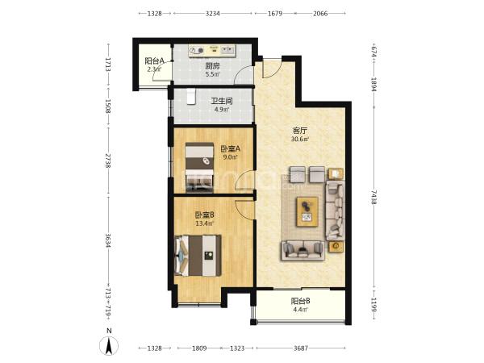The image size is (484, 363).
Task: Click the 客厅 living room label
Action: point(300,130)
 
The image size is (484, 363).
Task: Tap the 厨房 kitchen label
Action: point(212,66)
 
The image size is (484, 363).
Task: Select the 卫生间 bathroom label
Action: point(221,101)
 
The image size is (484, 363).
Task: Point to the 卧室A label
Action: point(230,149)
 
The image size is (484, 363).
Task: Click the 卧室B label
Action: point(204,215)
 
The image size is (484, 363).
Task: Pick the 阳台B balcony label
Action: point(300,301)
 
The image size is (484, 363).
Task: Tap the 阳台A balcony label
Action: point(154,61)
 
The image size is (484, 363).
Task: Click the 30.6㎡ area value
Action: point(300,139)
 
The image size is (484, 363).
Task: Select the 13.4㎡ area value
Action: point(204,223)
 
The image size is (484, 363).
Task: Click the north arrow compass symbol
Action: point(109,344)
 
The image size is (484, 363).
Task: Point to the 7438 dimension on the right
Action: point(373,198)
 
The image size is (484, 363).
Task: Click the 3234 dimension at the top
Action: point(213,13)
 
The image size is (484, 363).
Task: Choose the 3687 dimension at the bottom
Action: point(301,348)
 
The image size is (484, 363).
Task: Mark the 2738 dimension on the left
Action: point(108,161)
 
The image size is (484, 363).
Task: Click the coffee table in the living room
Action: point(307,211)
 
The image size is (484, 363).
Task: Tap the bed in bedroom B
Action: point(198,256)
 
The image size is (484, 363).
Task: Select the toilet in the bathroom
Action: point(191,97)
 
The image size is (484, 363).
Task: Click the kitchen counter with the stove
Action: point(212,51)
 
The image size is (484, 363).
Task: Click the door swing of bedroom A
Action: point(244,180)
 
